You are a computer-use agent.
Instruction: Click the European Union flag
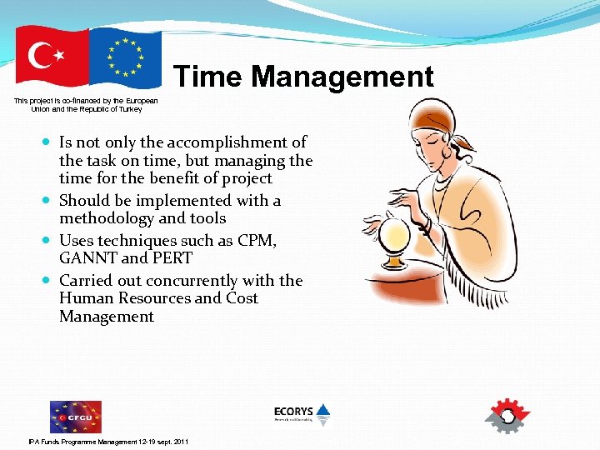tap(125, 57)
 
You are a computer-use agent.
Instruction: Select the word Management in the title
tap(342, 77)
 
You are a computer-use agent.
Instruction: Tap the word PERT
tap(171, 259)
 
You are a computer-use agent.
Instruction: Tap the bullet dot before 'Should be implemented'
tap(47, 201)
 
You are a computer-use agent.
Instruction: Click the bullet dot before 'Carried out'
tap(47, 281)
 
